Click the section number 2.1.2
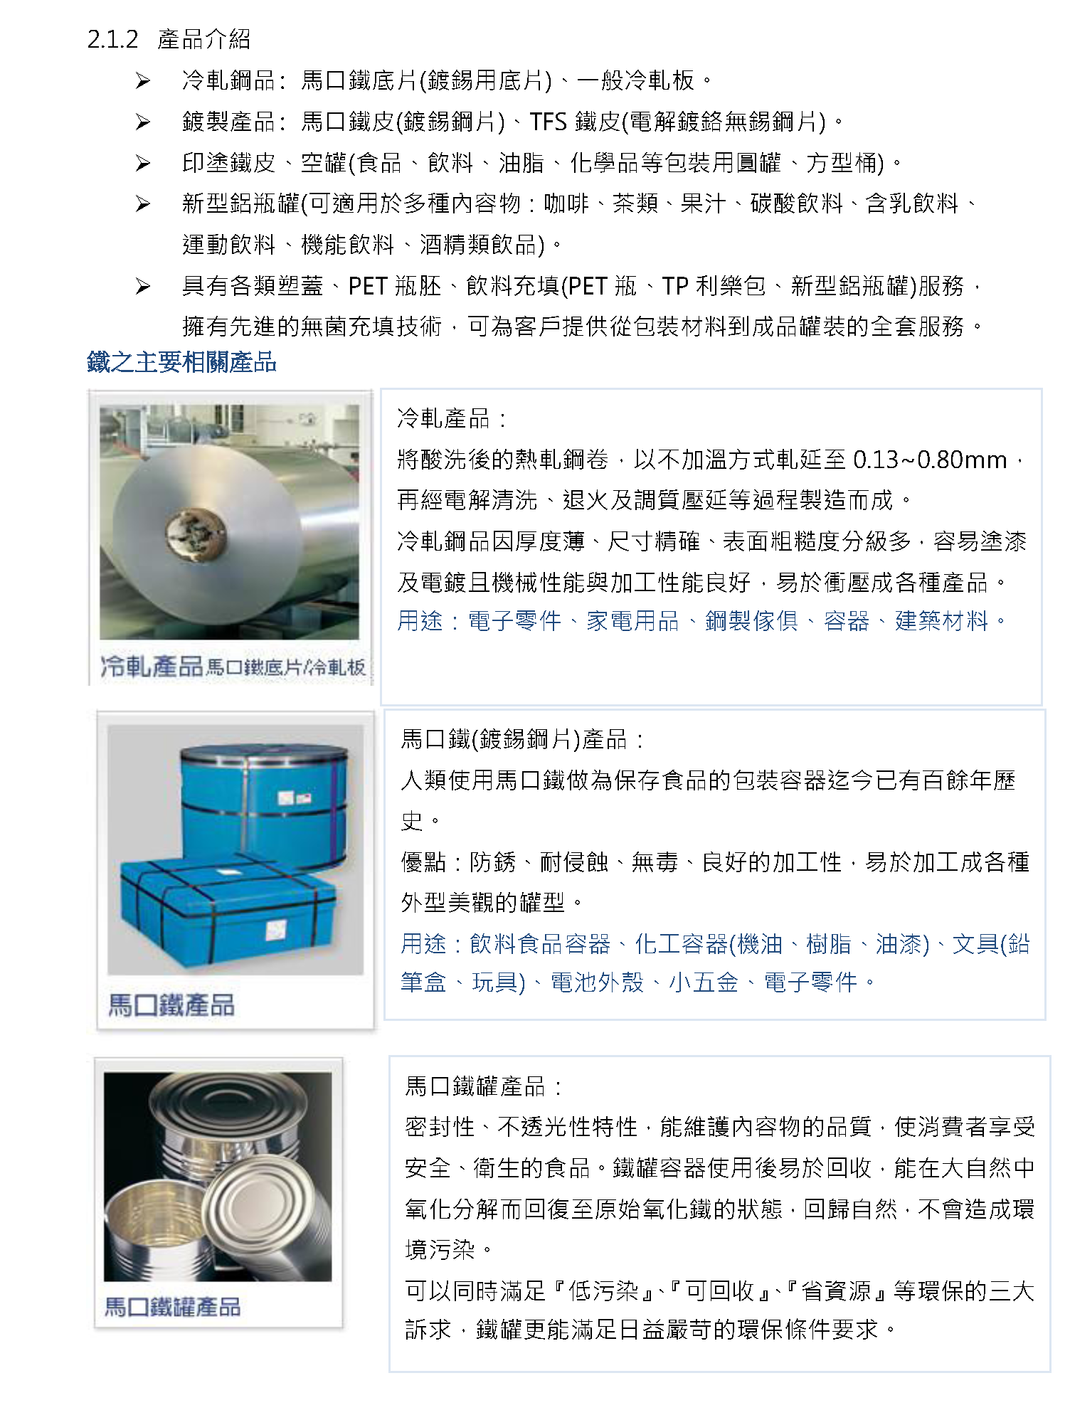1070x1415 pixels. pos(112,39)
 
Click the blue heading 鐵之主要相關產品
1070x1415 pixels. pos(181,362)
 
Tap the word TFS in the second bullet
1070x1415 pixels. pos(548,122)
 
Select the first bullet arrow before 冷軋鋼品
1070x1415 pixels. pos(143,81)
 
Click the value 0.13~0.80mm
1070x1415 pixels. pos(930,460)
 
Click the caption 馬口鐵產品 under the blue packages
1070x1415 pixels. pos(171,1005)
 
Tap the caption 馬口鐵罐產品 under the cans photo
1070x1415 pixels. pos(173,1306)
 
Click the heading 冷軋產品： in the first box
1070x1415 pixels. pos(452,418)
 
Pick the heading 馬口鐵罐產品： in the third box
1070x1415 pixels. pos(484,1086)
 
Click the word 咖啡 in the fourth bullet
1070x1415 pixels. pos(567,203)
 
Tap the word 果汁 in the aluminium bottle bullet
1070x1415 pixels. pos(704,203)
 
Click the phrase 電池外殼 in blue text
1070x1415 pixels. pos(597,982)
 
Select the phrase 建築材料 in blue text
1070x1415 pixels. pos(941,621)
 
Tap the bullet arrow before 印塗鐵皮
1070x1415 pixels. pos(143,164)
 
